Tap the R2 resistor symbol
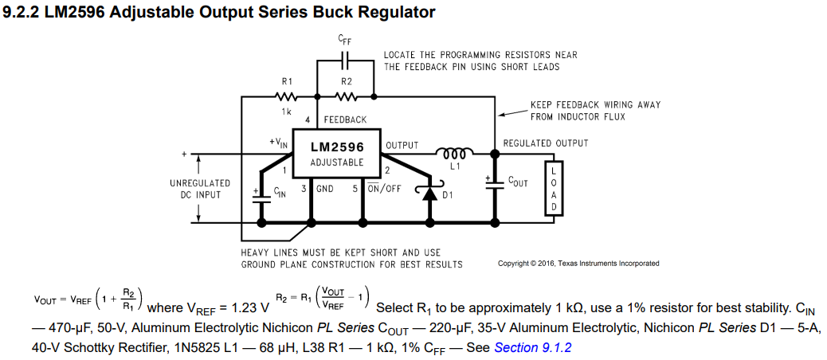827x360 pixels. [347, 96]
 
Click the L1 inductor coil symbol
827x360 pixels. [455, 152]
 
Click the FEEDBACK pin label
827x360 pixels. [345, 120]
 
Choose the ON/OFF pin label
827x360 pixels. [384, 189]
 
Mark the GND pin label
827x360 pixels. [325, 189]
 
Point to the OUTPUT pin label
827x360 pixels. [402, 145]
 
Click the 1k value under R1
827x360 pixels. [286, 112]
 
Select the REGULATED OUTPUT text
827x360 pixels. [546, 143]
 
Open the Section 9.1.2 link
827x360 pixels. [533, 347]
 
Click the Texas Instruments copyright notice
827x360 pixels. [578, 264]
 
